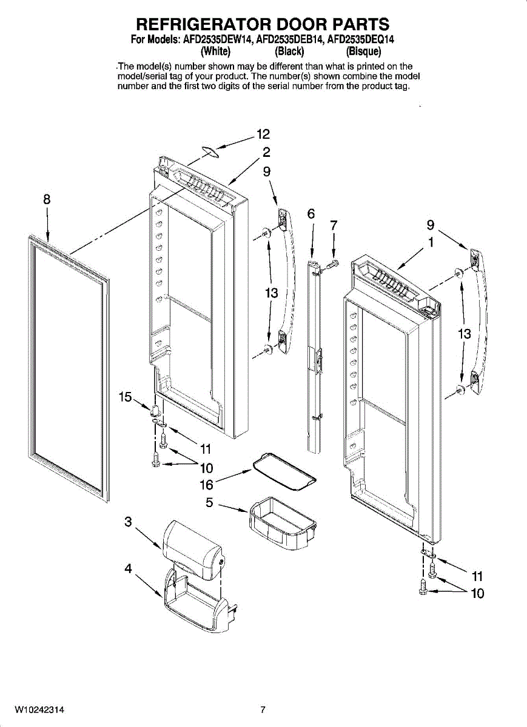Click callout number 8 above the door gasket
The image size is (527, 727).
[x=47, y=199]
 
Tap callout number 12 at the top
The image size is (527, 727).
[x=263, y=134]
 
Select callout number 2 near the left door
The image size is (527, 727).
[x=266, y=152]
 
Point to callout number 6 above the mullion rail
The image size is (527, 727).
[x=311, y=214]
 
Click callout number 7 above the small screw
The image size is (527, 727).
[x=334, y=225]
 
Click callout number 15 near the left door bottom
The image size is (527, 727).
[x=126, y=397]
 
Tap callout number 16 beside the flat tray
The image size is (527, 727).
[x=206, y=485]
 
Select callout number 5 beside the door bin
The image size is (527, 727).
[x=209, y=502]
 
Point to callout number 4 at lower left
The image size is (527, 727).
[x=129, y=568]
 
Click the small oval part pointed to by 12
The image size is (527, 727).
[x=209, y=151]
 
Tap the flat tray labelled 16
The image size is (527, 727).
[x=284, y=471]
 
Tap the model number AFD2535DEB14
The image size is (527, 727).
[x=289, y=40]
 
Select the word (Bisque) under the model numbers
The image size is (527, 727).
[x=363, y=51]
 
